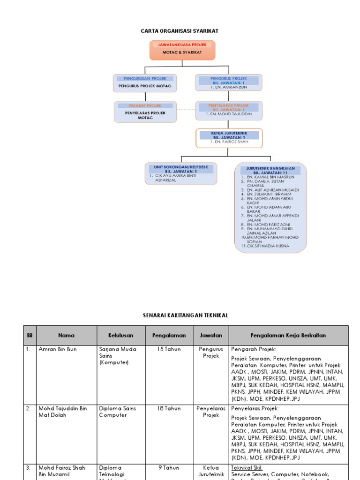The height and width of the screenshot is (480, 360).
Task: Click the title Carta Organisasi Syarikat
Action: point(180,31)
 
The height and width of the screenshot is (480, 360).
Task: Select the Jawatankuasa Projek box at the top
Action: point(182,50)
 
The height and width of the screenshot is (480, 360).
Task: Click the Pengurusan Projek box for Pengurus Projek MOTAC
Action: point(145,82)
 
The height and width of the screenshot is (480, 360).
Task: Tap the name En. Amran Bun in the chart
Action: point(228,87)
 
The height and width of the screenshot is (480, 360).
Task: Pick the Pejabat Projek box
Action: point(145,112)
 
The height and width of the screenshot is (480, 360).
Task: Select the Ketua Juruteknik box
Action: point(229,138)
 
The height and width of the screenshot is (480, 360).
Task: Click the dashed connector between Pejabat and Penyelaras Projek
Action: point(186,110)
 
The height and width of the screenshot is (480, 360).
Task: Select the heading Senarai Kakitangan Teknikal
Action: point(185,315)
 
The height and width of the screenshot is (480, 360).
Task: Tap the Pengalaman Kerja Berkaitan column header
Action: point(288,336)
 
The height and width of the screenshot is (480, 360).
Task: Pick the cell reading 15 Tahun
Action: point(169,349)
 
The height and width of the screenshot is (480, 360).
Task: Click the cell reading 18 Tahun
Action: point(169,408)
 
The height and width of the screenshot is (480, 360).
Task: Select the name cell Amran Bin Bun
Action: point(58,349)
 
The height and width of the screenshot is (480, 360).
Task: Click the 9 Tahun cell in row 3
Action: point(169,467)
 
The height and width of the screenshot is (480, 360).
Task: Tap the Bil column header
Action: point(30,336)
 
